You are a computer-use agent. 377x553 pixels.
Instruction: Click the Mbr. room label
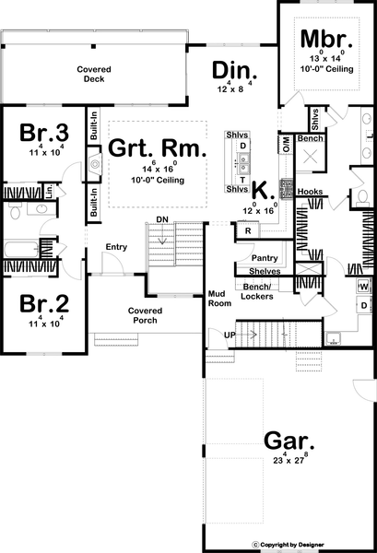point(327,41)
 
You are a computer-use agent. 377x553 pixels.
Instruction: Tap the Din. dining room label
point(234,71)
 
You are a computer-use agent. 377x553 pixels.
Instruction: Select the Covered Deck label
point(92,74)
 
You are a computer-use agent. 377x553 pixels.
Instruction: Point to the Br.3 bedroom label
point(41,133)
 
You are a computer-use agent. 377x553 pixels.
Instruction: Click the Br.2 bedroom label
point(41,303)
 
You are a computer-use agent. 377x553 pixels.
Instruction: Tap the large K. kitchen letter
point(262,191)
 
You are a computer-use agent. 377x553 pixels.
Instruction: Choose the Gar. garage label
point(286,438)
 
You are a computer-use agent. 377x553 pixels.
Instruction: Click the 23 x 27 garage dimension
point(287,458)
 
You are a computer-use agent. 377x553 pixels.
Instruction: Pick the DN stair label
point(162,218)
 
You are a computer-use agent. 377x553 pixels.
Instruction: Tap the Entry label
point(116,246)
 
